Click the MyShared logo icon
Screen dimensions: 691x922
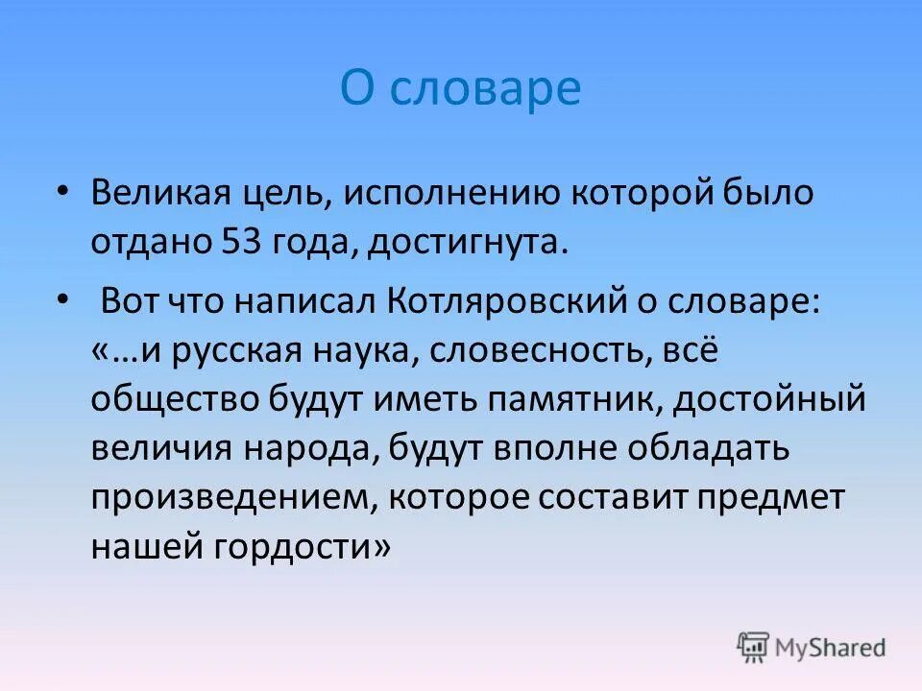tap(754, 648)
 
